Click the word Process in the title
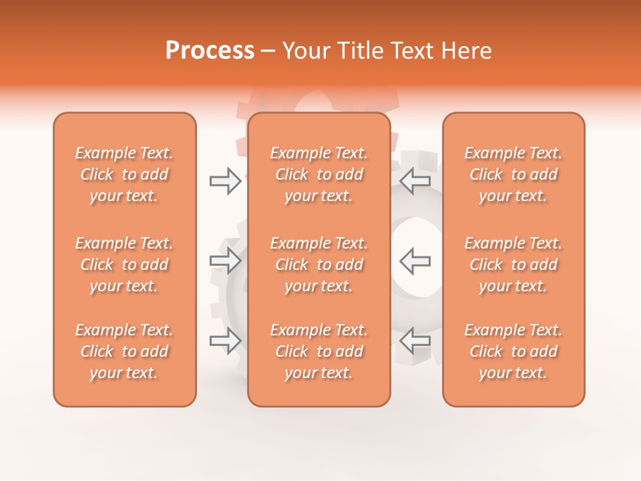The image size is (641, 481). [210, 51]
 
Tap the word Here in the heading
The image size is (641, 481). [467, 51]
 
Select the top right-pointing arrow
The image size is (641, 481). [226, 180]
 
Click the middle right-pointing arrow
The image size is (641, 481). [226, 261]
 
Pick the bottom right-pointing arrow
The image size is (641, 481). [226, 340]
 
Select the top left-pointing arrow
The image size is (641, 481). [415, 180]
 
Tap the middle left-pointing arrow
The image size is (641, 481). [415, 261]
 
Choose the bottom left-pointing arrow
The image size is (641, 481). [415, 340]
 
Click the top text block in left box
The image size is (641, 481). [124, 174]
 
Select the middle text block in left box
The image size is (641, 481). [124, 265]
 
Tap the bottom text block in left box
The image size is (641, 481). [124, 351]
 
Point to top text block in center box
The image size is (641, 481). [318, 174]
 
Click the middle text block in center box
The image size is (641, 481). [318, 265]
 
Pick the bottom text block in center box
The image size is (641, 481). [318, 351]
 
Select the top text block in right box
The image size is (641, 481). [513, 174]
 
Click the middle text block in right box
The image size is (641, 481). [513, 265]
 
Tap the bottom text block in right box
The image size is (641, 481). [513, 351]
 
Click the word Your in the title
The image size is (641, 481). [306, 51]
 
